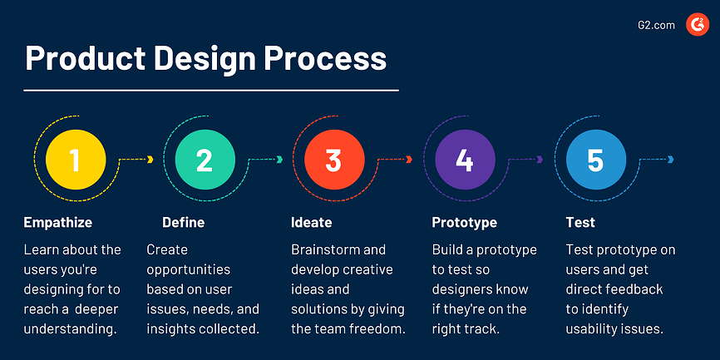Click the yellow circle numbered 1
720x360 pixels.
coord(75,160)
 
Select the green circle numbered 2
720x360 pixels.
coord(205,160)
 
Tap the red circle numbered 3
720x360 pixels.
coord(333,160)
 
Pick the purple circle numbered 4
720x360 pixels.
coord(464,160)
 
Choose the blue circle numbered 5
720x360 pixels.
coord(594,160)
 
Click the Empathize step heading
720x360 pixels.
coord(58,222)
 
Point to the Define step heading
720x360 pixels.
coord(183,222)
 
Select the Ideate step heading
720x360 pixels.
coord(312,222)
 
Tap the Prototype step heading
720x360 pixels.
coord(465,222)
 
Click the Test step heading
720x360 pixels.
coord(580,222)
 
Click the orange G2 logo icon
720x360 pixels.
coord(697,26)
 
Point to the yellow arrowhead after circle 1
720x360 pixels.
coord(150,160)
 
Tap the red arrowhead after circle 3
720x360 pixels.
coord(409,160)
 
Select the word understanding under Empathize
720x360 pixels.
coord(69,329)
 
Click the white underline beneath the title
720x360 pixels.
coord(211,89)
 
